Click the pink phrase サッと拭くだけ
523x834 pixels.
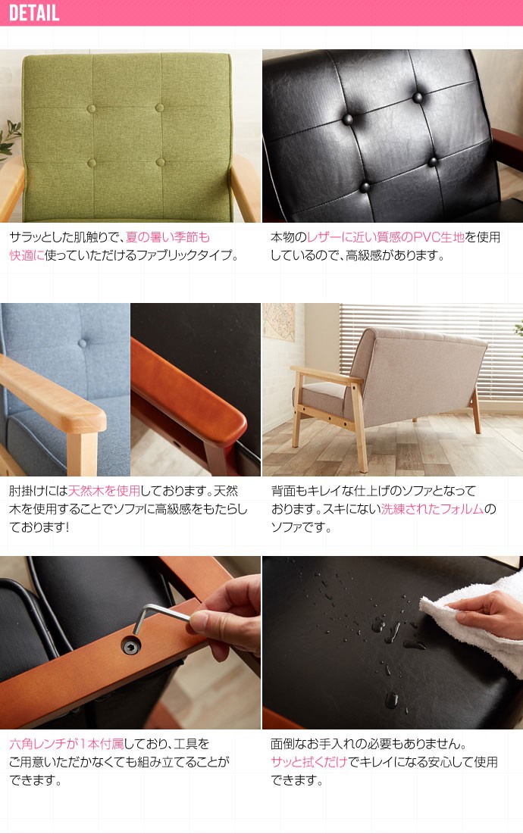308,762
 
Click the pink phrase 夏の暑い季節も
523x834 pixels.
168,237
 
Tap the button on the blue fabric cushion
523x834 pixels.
81,343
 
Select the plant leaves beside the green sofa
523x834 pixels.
9,140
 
